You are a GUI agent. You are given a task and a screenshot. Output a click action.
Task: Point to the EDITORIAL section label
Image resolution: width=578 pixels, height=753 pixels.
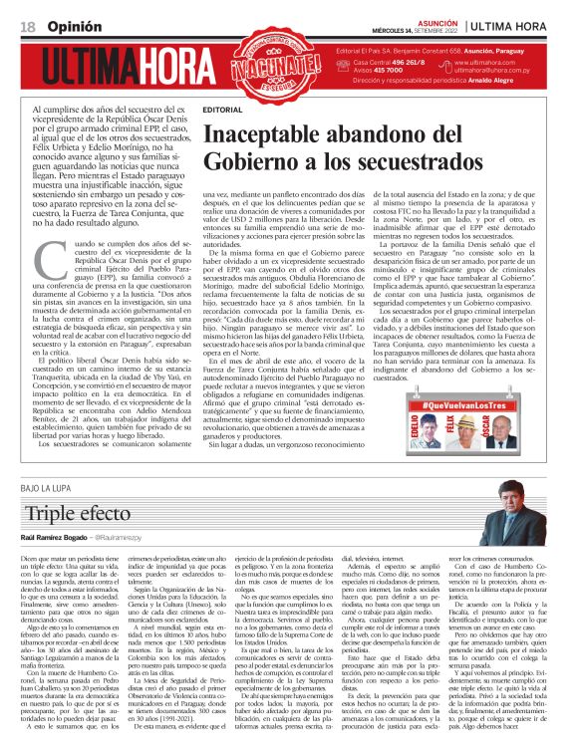221,108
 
